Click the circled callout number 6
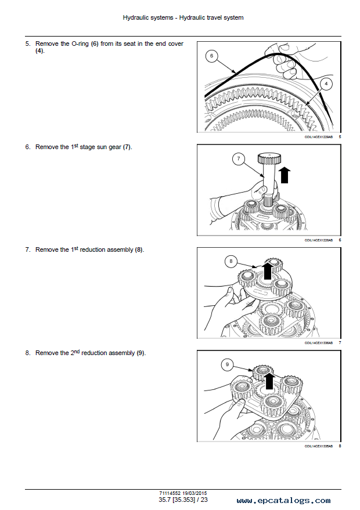point(212,56)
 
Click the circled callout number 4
point(326,84)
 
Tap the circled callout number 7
point(238,158)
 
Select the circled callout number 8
point(231,262)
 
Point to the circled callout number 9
point(228,364)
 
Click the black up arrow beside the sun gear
point(285,174)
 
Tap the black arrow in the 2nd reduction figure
point(268,380)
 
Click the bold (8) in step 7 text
point(139,249)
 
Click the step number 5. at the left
point(27,44)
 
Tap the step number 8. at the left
point(27,353)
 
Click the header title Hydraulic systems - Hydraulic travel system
point(183,17)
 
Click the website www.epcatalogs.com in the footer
point(283,500)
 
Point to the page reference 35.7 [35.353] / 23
point(179,500)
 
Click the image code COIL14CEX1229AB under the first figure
point(319,137)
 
